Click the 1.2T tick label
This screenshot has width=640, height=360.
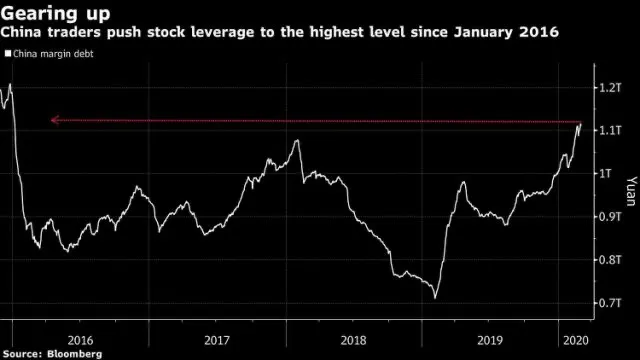(610, 87)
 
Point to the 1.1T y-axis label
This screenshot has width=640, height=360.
(610, 130)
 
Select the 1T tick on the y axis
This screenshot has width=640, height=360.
(605, 173)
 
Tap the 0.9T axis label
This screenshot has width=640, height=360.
(610, 216)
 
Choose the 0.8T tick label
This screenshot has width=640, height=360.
(610, 260)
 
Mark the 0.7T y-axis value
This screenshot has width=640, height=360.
(610, 303)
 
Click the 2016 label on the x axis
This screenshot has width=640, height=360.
(80, 340)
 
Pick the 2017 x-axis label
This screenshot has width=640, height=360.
(217, 340)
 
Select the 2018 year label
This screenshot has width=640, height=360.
(353, 340)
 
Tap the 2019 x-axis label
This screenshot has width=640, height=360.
(490, 340)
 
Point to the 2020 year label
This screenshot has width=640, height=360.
(576, 340)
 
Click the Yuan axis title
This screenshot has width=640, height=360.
(631, 191)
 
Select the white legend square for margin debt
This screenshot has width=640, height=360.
(8, 53)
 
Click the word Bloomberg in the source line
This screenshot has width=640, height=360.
(74, 353)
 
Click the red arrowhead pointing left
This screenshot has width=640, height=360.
(55, 120)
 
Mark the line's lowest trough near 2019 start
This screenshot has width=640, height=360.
(435, 298)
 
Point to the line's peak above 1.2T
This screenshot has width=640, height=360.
(10, 84)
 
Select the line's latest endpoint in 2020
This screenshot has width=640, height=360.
(581, 123)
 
